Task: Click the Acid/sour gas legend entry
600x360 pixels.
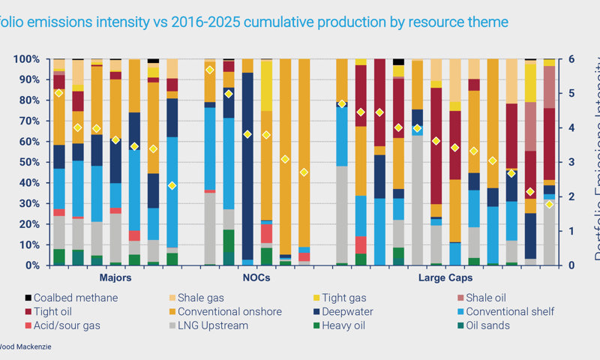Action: (64, 325)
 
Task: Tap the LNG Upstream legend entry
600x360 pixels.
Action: (209, 325)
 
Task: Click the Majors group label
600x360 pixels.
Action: (115, 277)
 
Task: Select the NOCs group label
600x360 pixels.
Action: (257, 277)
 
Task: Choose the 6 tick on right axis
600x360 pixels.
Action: (571, 58)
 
